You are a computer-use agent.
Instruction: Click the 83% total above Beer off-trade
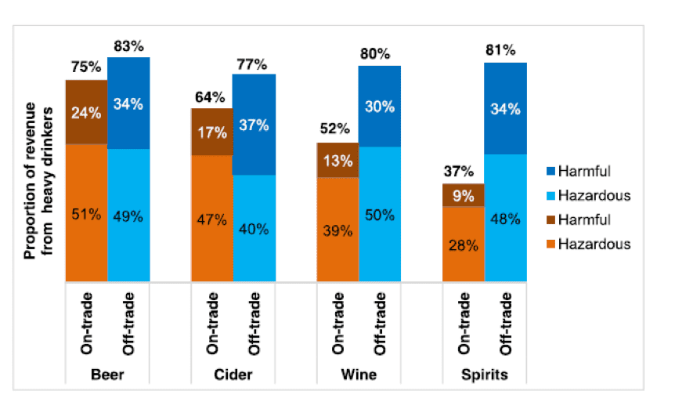point(128,46)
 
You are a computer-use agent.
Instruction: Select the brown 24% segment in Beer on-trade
point(85,112)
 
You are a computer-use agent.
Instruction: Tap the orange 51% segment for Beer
point(85,213)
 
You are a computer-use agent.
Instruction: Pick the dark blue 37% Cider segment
point(254,125)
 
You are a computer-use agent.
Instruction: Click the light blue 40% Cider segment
point(254,229)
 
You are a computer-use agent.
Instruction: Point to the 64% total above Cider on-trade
point(210,97)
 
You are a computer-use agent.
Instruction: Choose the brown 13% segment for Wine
point(337,161)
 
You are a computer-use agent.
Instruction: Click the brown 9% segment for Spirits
point(463,195)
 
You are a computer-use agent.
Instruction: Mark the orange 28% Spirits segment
point(463,245)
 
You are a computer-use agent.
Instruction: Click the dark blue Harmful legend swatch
point(550,170)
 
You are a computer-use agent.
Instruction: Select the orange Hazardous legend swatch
point(550,244)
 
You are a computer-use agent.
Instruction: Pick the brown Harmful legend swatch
point(550,219)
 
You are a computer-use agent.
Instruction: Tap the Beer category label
point(106,375)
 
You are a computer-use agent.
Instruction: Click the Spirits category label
point(483,375)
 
